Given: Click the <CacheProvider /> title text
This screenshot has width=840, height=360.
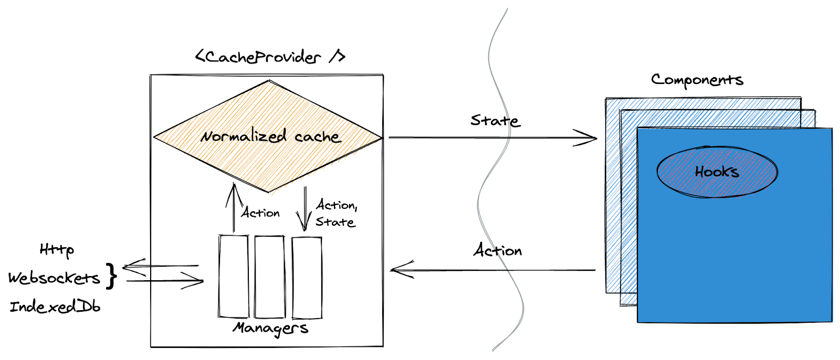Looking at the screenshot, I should (270, 56).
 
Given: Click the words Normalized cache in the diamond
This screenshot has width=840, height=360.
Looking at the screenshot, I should (270, 136).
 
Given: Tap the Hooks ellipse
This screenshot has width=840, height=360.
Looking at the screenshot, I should (717, 172).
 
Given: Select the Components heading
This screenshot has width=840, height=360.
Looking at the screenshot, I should (697, 80).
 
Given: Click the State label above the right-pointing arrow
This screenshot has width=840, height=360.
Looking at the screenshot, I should (495, 121).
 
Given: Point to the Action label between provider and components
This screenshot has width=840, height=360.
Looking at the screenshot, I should (498, 250).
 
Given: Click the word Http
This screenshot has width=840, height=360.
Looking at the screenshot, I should (57, 249).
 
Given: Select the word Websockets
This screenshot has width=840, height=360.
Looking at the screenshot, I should (54, 278).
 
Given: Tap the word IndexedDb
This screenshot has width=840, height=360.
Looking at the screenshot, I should (55, 306).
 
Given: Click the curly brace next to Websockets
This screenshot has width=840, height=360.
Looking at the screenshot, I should (111, 276).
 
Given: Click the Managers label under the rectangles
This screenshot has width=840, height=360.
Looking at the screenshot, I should (270, 328).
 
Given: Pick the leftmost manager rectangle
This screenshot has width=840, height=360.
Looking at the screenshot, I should (234, 277).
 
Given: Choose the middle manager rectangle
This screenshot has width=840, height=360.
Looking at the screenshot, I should (270, 277).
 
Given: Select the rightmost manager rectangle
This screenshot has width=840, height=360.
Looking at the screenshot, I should (307, 277).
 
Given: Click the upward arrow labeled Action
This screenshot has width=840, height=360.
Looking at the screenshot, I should (234, 207).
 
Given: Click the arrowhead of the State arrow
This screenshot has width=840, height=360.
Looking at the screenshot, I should (587, 138).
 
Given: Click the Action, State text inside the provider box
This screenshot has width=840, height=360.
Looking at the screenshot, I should (336, 213).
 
